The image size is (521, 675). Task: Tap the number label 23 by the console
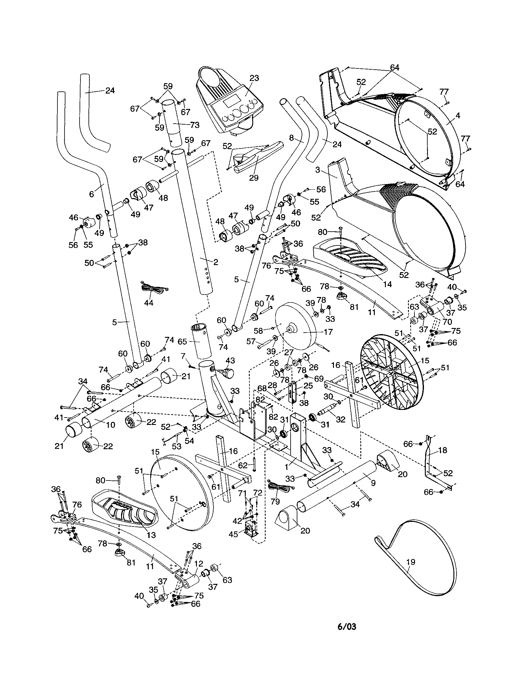point(254,78)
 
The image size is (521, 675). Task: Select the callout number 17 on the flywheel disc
point(328,332)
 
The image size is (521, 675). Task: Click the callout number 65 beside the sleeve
point(182,342)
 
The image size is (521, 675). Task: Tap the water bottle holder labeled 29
point(251,161)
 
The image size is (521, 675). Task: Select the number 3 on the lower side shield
point(318,170)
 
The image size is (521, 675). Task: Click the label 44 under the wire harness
point(148,303)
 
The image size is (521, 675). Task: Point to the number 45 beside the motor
point(234,534)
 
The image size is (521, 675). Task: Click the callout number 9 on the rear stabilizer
point(373,482)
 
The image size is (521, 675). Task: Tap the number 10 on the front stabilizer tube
point(111,425)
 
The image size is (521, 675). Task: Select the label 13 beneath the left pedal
point(151,534)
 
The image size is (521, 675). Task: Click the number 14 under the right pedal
point(387,284)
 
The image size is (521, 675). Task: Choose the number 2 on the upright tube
point(216,262)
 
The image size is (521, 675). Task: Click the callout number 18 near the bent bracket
point(443,450)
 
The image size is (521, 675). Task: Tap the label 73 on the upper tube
point(194,125)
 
